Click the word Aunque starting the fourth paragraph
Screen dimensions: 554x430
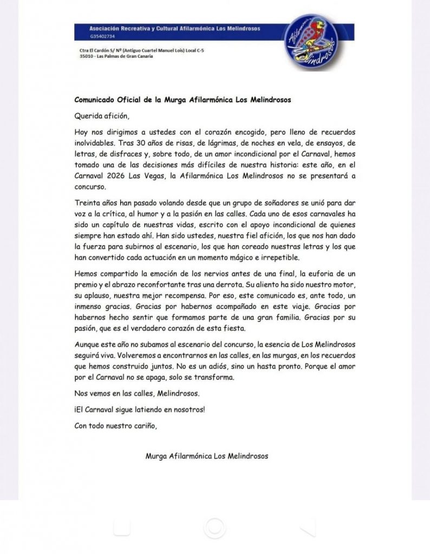(88, 344)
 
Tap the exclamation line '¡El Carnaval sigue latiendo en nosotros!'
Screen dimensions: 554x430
(140, 409)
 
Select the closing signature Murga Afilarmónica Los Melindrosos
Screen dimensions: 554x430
(206, 456)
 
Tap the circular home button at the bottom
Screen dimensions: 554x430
(215, 527)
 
